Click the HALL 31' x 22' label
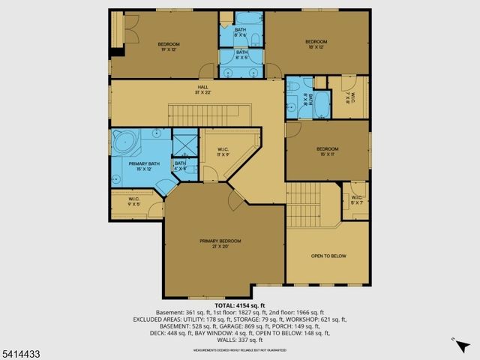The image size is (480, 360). click(202, 89)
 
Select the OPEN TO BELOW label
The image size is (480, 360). click(328, 256)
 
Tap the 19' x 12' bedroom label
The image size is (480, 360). click(168, 46)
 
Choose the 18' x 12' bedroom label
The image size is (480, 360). click(316, 44)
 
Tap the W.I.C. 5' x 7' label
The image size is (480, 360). click(356, 199)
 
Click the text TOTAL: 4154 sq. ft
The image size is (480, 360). click(240, 305)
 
